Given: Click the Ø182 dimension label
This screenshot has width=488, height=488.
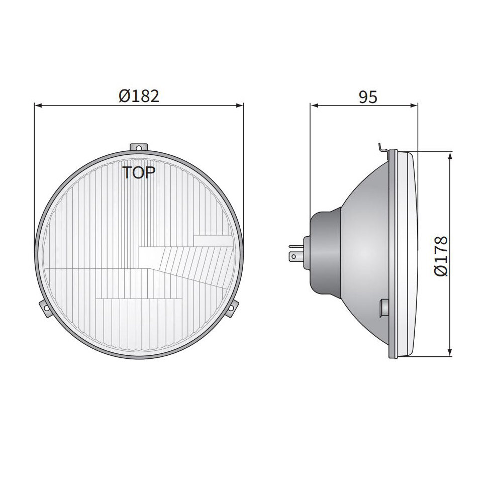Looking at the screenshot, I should click(139, 95).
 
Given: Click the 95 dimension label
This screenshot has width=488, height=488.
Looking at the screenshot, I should click(368, 96).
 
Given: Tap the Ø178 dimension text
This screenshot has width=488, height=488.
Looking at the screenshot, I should click(440, 255).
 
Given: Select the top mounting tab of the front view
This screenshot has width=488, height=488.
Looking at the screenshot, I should click(139, 147).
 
